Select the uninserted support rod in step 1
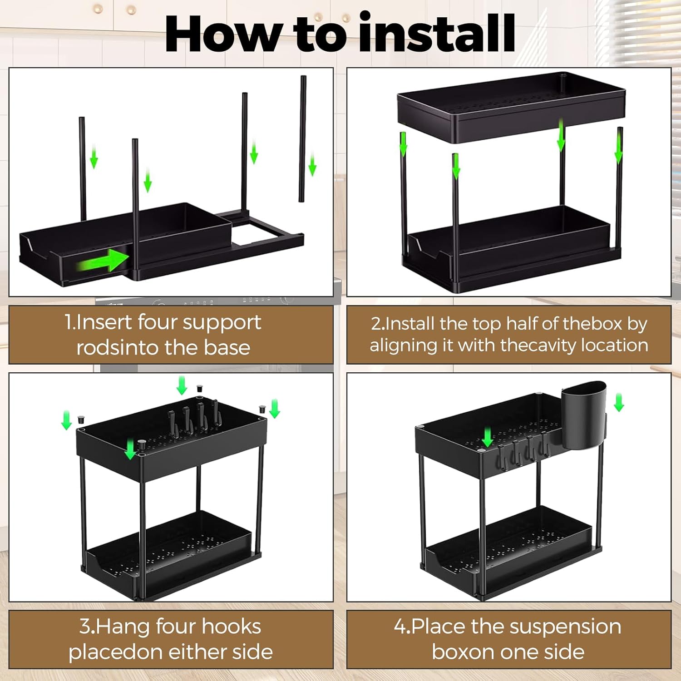tap(302, 138)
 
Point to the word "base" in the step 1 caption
tap(227, 347)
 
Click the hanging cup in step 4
tap(584, 413)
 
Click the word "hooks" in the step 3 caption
tap(232, 627)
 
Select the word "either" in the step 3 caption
tap(197, 652)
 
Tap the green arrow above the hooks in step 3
tap(182, 385)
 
